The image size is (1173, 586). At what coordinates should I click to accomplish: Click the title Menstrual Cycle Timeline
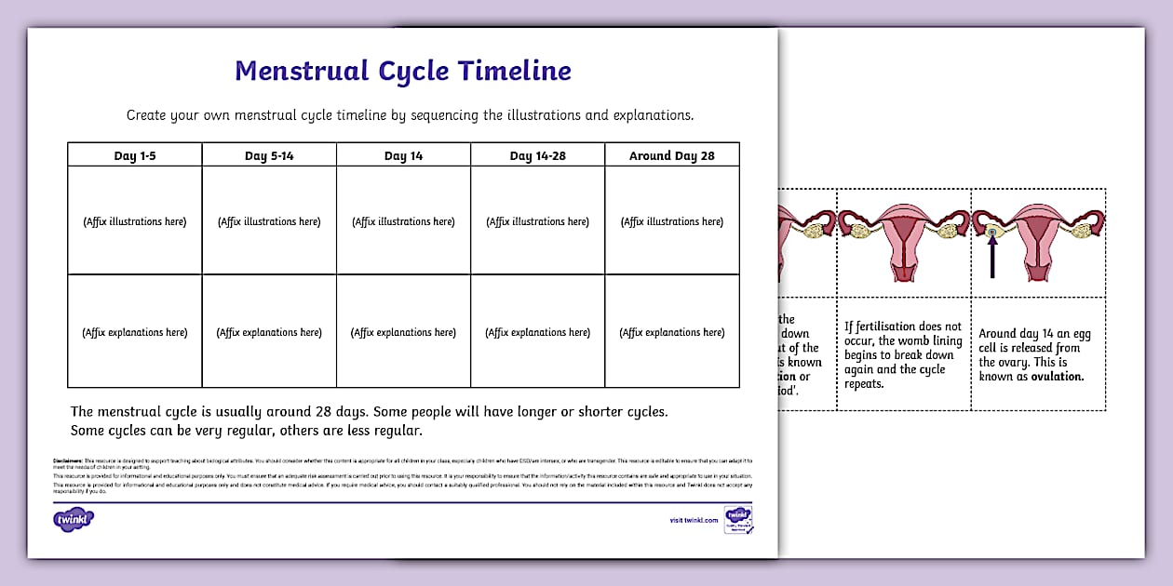(x=403, y=71)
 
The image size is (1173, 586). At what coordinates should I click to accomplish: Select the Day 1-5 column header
(x=135, y=155)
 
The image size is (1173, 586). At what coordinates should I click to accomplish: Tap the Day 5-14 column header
(x=269, y=155)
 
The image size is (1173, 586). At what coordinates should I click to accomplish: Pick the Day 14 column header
(x=403, y=155)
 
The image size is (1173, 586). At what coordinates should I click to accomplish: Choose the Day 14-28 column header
(x=537, y=155)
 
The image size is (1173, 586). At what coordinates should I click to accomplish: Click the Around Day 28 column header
(x=671, y=155)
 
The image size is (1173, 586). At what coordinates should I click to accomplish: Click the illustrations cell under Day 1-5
(x=135, y=221)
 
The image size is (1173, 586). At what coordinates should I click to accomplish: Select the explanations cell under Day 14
(x=403, y=332)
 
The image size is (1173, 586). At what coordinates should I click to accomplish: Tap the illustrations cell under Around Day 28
(x=671, y=221)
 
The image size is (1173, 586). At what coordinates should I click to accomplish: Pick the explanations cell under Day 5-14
(x=269, y=332)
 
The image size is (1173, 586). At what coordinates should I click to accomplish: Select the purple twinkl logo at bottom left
(x=74, y=518)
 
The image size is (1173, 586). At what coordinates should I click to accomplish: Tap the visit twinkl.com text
(x=694, y=520)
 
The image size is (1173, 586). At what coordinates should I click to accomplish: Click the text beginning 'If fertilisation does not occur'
(x=902, y=354)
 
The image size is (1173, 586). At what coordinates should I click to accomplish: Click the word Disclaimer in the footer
(x=69, y=460)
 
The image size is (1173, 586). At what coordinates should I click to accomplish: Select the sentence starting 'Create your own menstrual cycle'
(x=410, y=116)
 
